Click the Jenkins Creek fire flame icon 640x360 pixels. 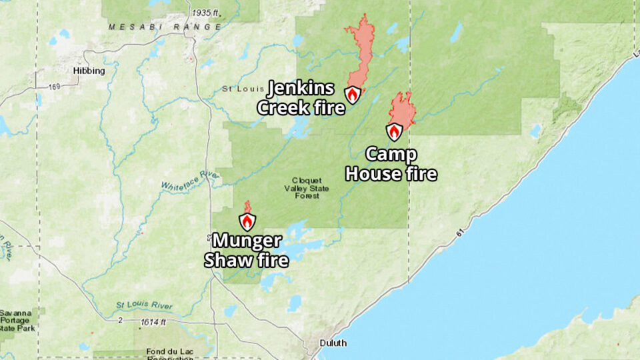pyautogui.click(x=353, y=94)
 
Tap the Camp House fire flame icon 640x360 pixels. pyautogui.click(x=395, y=131)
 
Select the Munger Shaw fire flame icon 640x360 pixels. pyautogui.click(x=247, y=221)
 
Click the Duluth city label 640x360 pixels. pyautogui.click(x=333, y=343)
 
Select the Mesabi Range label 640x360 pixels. pyautogui.click(x=165, y=27)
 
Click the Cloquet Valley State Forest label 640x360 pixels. pyautogui.click(x=306, y=188)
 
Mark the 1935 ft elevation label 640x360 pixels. pyautogui.click(x=205, y=13)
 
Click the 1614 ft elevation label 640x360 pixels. pyautogui.click(x=153, y=322)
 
